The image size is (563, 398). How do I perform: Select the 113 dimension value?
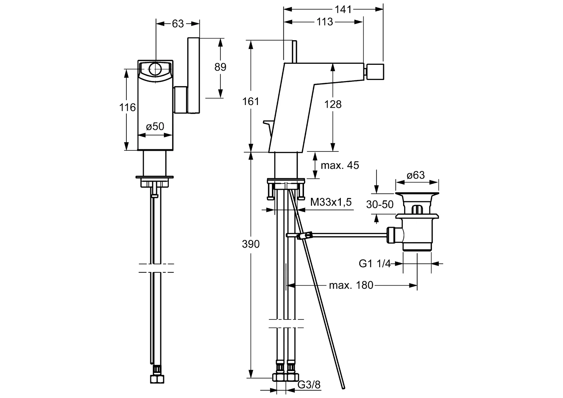point(325,22)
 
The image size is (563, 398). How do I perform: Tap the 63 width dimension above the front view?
point(178,24)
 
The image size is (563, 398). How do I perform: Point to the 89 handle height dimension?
point(220,67)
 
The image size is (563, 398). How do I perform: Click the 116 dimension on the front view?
point(127,108)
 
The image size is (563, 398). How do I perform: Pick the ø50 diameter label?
point(155,126)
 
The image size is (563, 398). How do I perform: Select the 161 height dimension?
point(251,101)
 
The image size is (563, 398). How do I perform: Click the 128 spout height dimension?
point(333,104)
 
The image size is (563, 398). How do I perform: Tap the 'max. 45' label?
point(340,165)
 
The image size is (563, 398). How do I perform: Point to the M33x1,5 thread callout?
point(331,202)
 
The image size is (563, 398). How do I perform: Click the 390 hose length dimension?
point(251,244)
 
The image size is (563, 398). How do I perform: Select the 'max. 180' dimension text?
point(351,285)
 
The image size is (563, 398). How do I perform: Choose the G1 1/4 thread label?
point(374,263)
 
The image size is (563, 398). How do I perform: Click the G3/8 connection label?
point(309,385)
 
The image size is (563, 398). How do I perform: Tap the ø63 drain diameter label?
point(416,175)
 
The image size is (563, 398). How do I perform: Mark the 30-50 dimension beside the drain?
point(380,204)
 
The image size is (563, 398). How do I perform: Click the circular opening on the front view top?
point(155,68)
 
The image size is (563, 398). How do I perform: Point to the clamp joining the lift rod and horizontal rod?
point(304,235)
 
